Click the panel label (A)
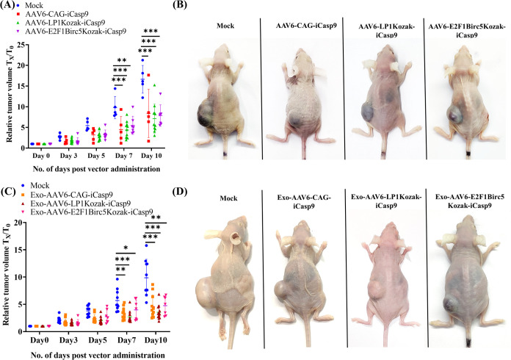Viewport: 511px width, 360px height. [x=10, y=7]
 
